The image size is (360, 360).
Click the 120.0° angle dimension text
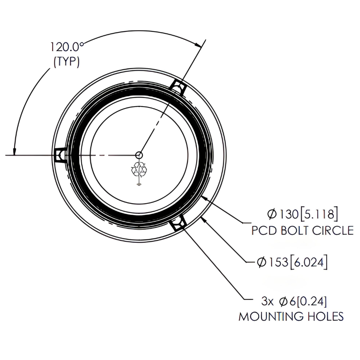point(67,47)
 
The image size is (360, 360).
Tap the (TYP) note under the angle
point(67,61)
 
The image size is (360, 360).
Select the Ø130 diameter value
point(283,214)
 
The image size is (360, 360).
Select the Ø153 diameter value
point(273,262)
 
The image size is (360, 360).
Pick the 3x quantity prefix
point(267,301)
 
